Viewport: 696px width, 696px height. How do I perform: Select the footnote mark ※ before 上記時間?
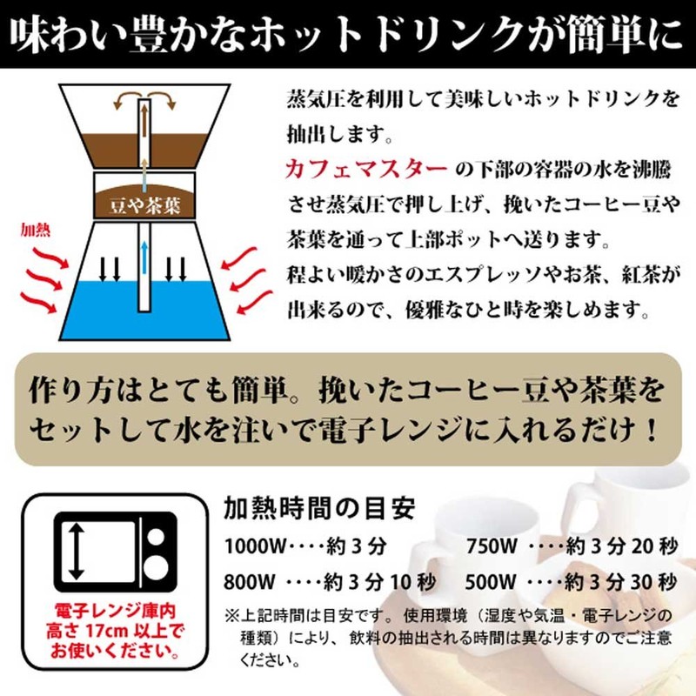coord(231,615)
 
